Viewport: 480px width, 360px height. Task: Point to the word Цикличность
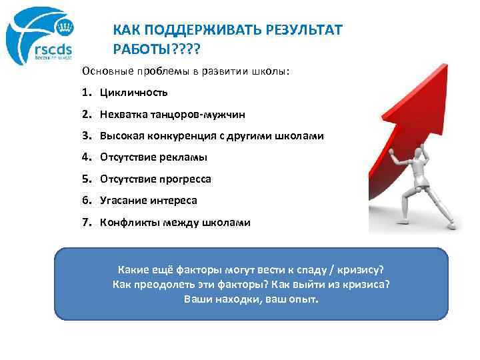134,92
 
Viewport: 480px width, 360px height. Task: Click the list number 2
86,114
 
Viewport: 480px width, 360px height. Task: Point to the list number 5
86,179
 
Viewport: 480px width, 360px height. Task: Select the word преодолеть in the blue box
159,285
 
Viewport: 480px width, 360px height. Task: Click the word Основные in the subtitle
104,71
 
